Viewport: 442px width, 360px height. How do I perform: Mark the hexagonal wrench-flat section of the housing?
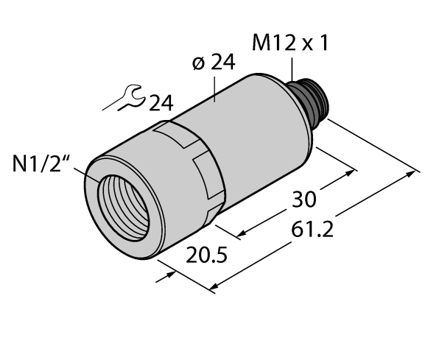tap(195, 166)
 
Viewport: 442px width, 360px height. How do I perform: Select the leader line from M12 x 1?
tap(292, 69)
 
